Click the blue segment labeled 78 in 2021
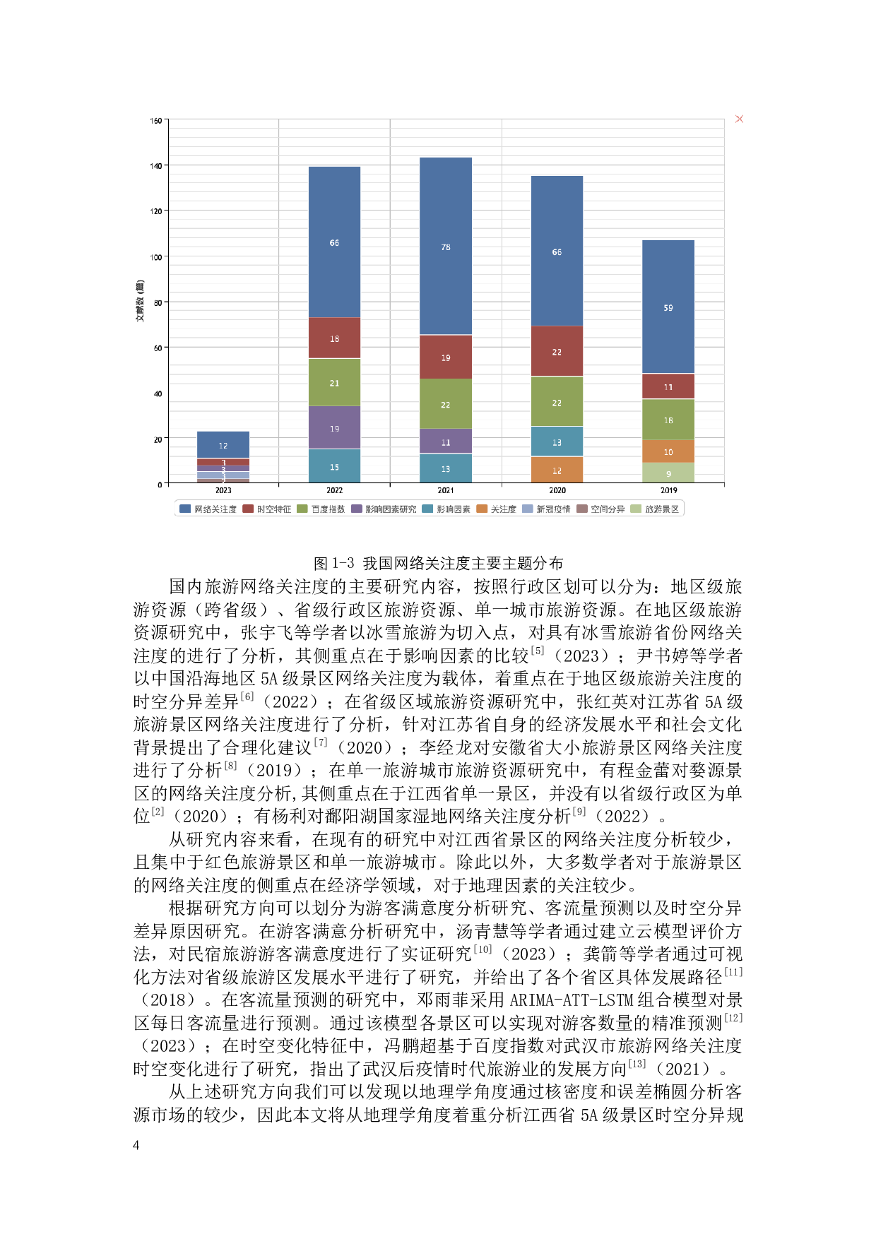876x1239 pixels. (x=446, y=247)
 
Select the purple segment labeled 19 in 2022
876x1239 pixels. (x=334, y=428)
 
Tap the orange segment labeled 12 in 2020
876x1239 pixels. (x=557, y=470)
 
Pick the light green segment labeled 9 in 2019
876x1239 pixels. (x=668, y=473)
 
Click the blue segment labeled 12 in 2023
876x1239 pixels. (x=223, y=445)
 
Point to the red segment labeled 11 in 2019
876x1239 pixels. (x=668, y=386)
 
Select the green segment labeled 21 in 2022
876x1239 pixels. (x=334, y=383)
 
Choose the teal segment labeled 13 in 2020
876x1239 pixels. (x=557, y=442)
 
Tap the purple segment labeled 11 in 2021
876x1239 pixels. (x=446, y=442)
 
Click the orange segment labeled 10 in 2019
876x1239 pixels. (x=668, y=451)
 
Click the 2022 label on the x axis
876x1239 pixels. (x=334, y=490)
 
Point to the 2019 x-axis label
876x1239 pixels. (x=668, y=490)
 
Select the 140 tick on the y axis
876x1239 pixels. (x=156, y=166)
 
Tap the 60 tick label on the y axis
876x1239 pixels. (x=158, y=348)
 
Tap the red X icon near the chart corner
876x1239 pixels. (x=739, y=119)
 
